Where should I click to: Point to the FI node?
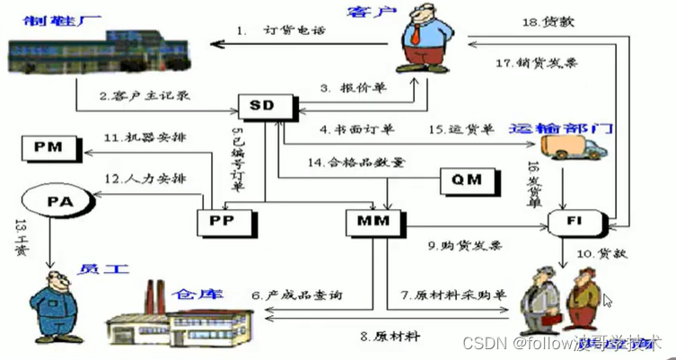[x=584, y=220]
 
